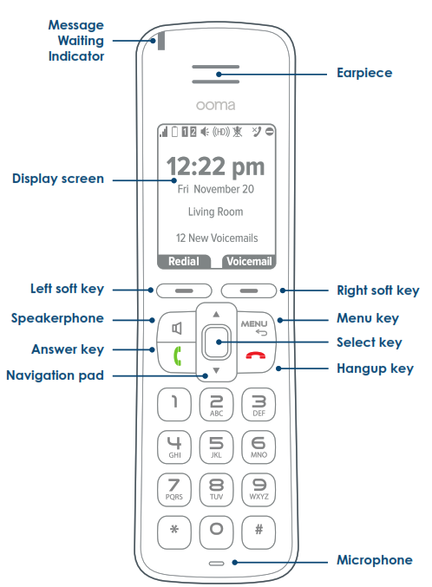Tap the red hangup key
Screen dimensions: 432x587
click(256, 355)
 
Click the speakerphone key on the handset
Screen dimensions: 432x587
click(176, 328)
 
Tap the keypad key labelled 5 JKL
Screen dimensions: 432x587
click(216, 447)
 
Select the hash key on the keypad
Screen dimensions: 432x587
click(259, 532)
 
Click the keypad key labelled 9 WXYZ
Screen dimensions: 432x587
click(259, 490)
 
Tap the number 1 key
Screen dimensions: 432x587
click(174, 405)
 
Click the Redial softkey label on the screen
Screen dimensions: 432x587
click(184, 261)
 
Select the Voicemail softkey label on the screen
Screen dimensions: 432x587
click(249, 261)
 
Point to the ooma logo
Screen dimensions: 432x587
click(215, 105)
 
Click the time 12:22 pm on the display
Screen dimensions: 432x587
click(215, 166)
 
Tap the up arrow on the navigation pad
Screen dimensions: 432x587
click(216, 314)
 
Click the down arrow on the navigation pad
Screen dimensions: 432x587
click(216, 370)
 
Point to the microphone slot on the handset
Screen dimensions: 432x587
click(216, 563)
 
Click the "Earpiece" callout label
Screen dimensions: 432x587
click(364, 73)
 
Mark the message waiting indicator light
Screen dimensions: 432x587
click(161, 41)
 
